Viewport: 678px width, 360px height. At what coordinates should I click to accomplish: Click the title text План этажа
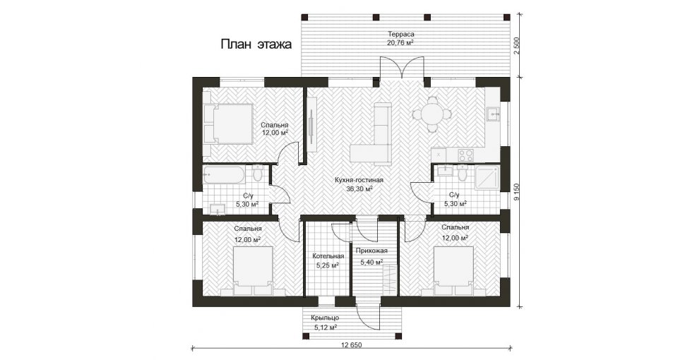(x=256, y=44)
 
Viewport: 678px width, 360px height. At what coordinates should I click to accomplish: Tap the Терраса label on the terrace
(x=401, y=34)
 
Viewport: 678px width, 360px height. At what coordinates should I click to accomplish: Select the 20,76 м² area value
(x=401, y=42)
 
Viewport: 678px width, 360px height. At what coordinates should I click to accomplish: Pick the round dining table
(x=432, y=114)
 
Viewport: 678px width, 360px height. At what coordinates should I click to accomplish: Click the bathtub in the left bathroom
(x=224, y=175)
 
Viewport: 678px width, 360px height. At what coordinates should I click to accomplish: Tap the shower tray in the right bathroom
(x=487, y=178)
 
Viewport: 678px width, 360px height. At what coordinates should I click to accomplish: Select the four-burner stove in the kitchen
(x=465, y=155)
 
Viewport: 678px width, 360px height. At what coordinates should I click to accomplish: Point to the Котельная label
(x=328, y=256)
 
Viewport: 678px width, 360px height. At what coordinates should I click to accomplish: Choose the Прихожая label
(x=371, y=251)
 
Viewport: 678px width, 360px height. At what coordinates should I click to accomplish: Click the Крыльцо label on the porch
(x=325, y=318)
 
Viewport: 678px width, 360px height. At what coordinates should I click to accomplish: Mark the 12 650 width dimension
(x=351, y=344)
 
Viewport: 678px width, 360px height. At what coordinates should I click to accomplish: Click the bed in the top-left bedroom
(x=228, y=124)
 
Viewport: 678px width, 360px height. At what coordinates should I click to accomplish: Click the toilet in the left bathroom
(x=258, y=174)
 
